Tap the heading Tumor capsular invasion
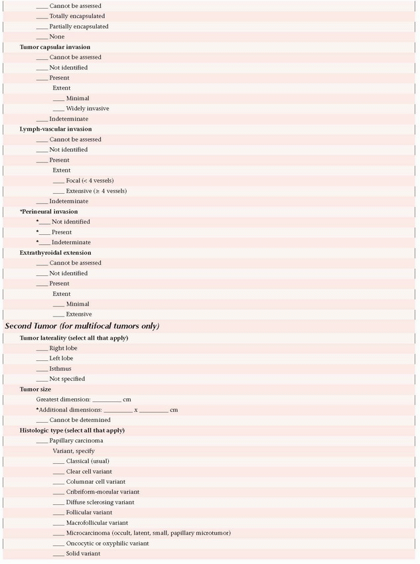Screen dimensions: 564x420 [55, 47]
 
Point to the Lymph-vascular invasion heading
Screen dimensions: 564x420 [56, 129]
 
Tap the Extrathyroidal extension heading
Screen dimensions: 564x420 [56, 253]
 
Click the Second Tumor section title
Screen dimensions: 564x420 [82, 326]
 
